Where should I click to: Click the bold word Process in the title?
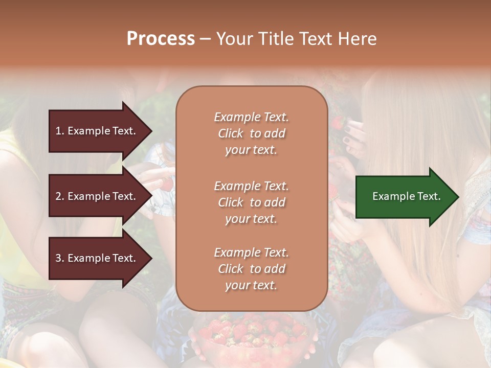[161, 39]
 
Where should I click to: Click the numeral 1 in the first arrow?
[58, 131]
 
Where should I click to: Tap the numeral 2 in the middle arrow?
[58, 196]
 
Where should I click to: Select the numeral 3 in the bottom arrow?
[58, 259]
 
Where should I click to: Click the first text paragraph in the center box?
[251, 133]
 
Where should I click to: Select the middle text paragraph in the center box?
[251, 202]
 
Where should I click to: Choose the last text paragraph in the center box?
[251, 269]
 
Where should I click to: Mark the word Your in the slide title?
[233, 39]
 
